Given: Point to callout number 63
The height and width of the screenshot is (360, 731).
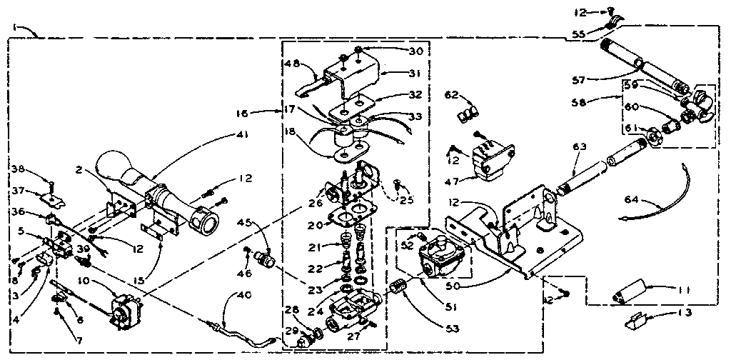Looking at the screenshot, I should point(578,147).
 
